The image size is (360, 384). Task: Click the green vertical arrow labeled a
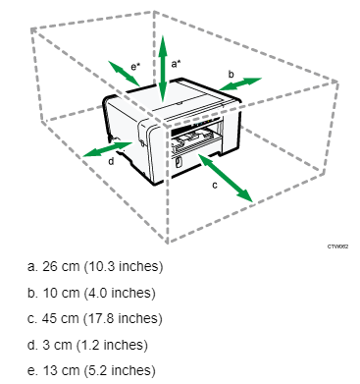pos(163,69)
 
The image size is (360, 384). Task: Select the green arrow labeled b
pos(240,83)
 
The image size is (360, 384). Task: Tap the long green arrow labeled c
pos(226,178)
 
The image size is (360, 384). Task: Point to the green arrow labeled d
pos(108,149)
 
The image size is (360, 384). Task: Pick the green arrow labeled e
pos(124,73)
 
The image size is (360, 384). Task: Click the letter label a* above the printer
pos(176,64)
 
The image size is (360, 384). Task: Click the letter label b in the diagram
pos(231,74)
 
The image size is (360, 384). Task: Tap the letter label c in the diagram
pos(215,186)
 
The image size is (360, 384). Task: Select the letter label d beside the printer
pos(111,161)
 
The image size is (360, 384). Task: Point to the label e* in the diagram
pos(135,67)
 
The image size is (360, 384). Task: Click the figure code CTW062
pos(337,247)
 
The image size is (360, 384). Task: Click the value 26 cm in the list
pos(61,266)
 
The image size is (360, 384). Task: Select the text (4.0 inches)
pos(120,293)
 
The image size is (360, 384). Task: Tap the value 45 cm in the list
pos(61,318)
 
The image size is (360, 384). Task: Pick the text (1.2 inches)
pos(112,345)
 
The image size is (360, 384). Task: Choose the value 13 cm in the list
pos(62,371)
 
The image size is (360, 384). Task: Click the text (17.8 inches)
pos(123,318)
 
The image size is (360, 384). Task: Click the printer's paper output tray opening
pos(195,137)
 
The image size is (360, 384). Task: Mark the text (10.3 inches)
pos(124,266)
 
